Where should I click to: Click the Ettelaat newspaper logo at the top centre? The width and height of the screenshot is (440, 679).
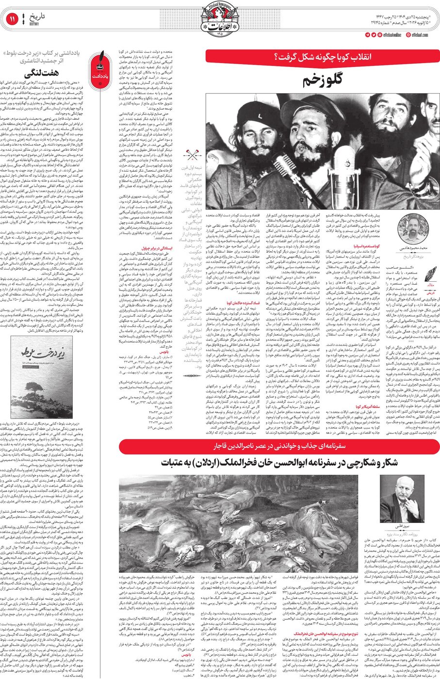tap(220, 19)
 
